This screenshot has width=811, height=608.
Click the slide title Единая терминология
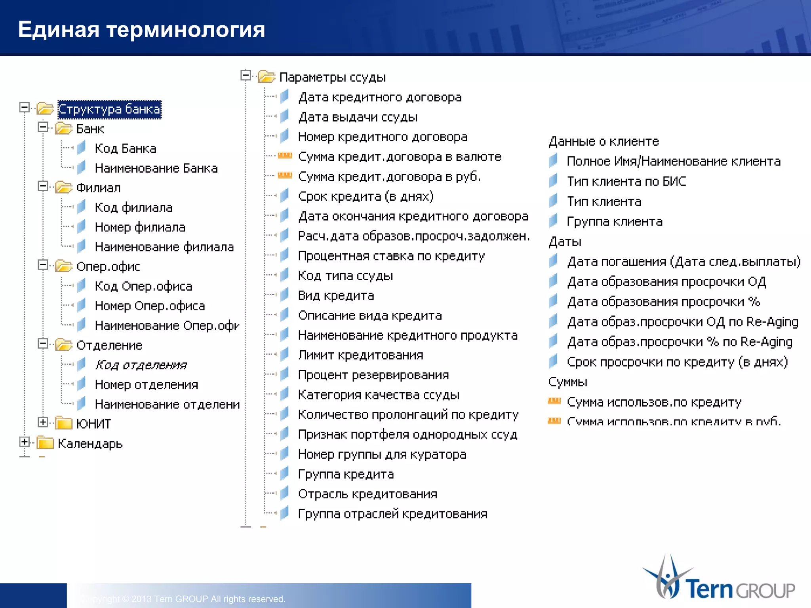tap(141, 30)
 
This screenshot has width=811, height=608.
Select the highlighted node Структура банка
tap(109, 109)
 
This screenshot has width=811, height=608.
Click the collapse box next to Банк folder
tap(43, 127)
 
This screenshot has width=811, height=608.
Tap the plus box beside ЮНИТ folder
tap(43, 422)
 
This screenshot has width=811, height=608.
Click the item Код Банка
tap(125, 148)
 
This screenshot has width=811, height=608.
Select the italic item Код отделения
tap(141, 365)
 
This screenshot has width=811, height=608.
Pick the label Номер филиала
tap(140, 227)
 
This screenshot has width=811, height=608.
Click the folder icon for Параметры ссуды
tap(267, 76)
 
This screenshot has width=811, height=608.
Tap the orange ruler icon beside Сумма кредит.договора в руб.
tap(285, 175)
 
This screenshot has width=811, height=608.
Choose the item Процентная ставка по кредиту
tap(391, 256)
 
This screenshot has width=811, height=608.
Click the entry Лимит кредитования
tap(360, 355)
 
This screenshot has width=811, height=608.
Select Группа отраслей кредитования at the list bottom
tap(392, 514)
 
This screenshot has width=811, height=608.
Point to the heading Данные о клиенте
tap(603, 141)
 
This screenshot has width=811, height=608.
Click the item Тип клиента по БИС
tap(626, 181)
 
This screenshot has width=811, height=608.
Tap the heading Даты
tap(565, 241)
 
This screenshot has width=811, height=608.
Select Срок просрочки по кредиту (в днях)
tap(677, 362)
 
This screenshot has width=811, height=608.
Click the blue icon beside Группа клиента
tap(553, 220)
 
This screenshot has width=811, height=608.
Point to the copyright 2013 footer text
tap(186, 599)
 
